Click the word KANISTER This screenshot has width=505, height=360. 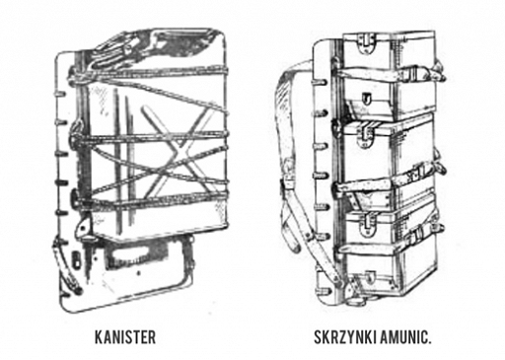click(x=125, y=337)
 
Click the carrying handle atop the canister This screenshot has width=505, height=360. click(x=131, y=47)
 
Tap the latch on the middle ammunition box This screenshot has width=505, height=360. click(x=367, y=135)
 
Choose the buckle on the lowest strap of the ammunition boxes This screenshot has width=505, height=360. click(x=417, y=234)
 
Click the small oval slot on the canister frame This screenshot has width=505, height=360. click(x=76, y=259)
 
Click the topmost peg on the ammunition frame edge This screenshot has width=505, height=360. click(x=323, y=82)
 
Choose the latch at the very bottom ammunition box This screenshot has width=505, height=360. click(x=369, y=277)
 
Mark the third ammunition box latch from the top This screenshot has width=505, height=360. click(x=368, y=224)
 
